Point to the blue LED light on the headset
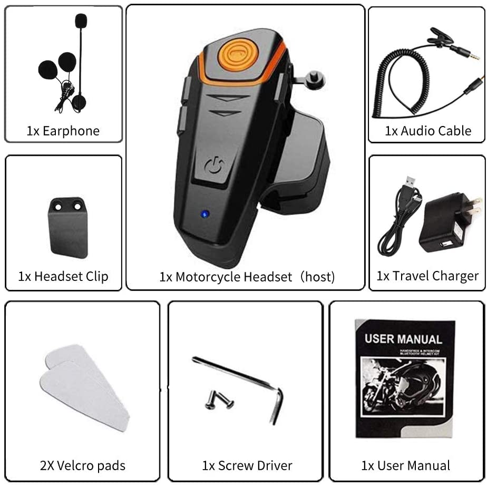click(x=204, y=214)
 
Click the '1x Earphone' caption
click(x=63, y=131)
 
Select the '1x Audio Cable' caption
click(x=428, y=131)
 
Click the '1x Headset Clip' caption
click(x=63, y=276)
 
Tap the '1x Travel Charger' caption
click(x=427, y=276)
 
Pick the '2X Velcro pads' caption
click(x=83, y=465)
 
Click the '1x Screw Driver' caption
click(x=247, y=465)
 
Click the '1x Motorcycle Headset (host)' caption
click(x=247, y=277)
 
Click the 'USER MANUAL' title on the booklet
click(x=403, y=338)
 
